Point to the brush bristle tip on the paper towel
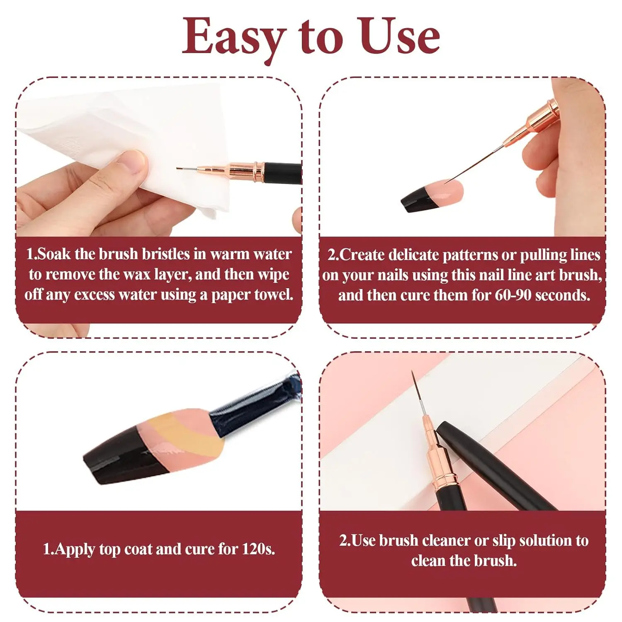click(179, 169)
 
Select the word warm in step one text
click(231, 254)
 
